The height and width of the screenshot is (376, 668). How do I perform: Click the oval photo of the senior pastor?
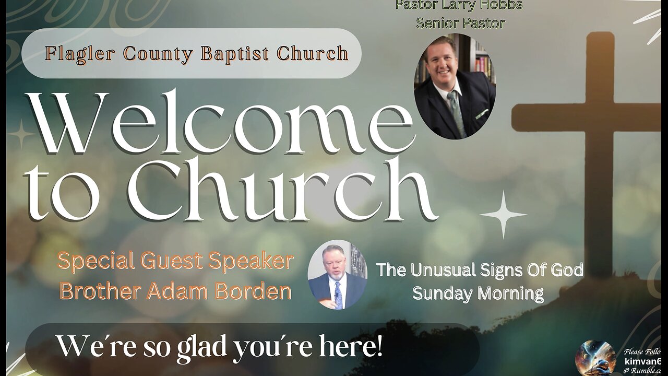455,87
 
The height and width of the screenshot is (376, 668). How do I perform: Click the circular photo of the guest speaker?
337,275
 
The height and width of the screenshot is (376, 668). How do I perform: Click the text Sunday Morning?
478,293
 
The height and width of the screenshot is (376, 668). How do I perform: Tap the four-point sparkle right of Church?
503,214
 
